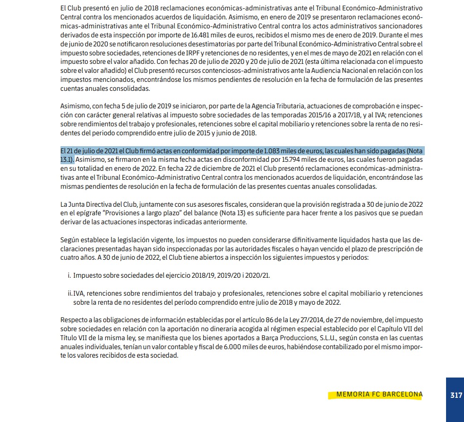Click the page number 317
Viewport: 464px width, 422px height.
point(456,395)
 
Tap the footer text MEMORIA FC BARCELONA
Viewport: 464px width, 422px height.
point(379,395)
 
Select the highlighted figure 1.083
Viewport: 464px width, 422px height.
point(271,151)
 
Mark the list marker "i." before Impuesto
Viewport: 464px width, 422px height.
point(69,275)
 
